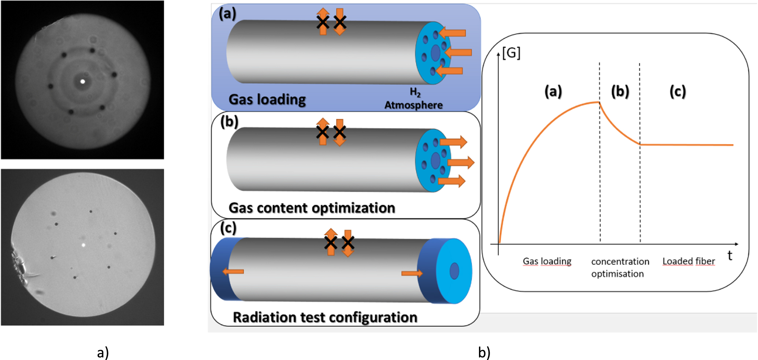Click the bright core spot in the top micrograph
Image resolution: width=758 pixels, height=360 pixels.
[x=82, y=81]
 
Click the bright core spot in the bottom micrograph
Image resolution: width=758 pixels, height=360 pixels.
[x=83, y=245]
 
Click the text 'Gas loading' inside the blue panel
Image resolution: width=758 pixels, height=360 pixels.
[x=267, y=100]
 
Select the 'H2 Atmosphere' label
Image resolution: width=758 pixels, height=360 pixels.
[x=414, y=99]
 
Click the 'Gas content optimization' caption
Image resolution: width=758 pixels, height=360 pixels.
[x=312, y=208]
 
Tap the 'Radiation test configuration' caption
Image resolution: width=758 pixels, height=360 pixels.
[x=325, y=317]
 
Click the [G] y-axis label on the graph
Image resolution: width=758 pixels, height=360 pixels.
[x=511, y=53]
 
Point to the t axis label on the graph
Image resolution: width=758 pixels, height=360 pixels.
[x=729, y=256]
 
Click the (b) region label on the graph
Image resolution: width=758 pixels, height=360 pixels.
[x=620, y=91]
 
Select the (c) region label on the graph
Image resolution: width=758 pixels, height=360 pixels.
[x=677, y=91]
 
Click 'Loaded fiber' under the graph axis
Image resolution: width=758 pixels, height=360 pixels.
[x=688, y=261]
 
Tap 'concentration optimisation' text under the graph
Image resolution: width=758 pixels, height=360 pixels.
[x=620, y=267]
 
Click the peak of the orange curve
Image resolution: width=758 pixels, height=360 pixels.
[x=599, y=102]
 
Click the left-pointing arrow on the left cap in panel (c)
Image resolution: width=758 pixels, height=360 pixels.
[x=233, y=271]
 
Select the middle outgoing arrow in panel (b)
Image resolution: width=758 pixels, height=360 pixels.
[x=461, y=162]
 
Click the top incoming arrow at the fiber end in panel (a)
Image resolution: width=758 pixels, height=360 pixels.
[x=453, y=33]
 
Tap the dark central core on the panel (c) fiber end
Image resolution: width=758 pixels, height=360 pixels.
[x=454, y=271]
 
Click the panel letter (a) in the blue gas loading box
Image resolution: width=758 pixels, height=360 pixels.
[x=227, y=14]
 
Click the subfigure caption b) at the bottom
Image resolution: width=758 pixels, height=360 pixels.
[x=484, y=352]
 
